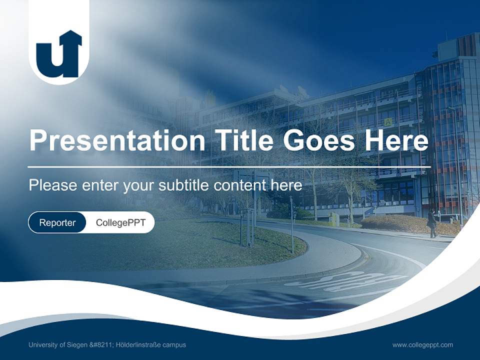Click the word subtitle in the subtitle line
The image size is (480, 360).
pyautogui.click(x=185, y=185)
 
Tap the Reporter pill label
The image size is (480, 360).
pyautogui.click(x=57, y=222)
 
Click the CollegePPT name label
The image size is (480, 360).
pyautogui.click(x=120, y=222)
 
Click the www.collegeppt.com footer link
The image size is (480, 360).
pyautogui.click(x=422, y=344)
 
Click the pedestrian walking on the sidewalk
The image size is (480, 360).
pyautogui.click(x=431, y=223)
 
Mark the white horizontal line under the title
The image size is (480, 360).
pyautogui.click(x=229, y=167)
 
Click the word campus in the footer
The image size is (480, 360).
pyautogui.click(x=175, y=344)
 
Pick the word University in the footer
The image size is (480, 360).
pyautogui.click(x=43, y=344)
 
